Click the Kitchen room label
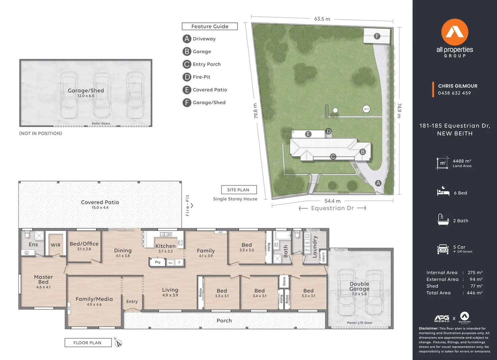click(165, 246)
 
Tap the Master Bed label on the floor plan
click(43, 279)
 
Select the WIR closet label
click(56, 245)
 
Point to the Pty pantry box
click(158, 262)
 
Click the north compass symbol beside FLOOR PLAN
click(118, 343)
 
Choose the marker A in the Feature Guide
click(187, 39)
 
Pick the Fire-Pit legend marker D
click(187, 77)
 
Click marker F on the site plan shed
click(377, 36)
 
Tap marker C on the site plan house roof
click(333, 157)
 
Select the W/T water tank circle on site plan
click(366, 109)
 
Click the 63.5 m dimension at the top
click(322, 19)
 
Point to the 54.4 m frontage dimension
click(332, 201)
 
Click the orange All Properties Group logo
click(455, 32)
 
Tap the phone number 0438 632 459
click(454, 93)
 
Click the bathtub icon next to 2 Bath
click(443, 220)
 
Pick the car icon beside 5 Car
click(443, 249)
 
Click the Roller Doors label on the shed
click(101, 124)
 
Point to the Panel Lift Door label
click(360, 323)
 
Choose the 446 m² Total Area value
click(475, 293)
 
